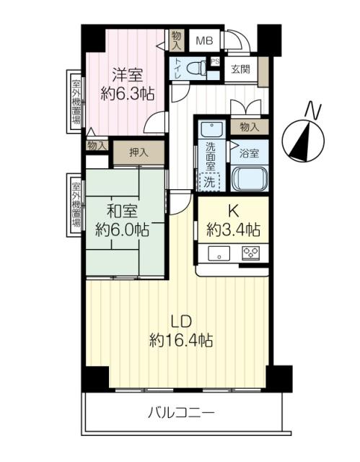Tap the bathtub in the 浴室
(250, 178)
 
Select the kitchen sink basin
(219, 253)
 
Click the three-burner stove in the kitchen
(251, 253)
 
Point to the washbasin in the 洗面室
(211, 129)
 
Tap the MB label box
(204, 40)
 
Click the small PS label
(215, 62)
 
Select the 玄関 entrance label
(240, 69)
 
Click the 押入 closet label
(139, 152)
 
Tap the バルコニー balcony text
(181, 412)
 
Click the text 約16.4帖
(181, 341)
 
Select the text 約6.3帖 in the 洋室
(128, 93)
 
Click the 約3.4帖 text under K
(233, 230)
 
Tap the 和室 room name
(122, 212)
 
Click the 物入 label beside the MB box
(177, 40)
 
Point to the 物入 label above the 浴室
(250, 127)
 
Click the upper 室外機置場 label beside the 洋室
(76, 102)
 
